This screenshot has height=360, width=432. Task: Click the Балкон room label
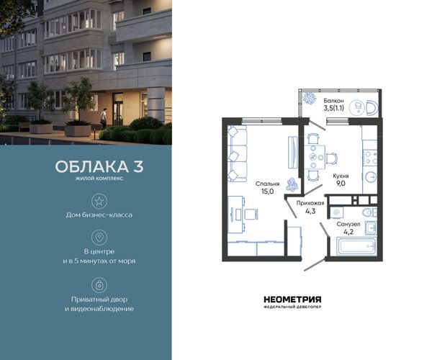(x=333, y=101)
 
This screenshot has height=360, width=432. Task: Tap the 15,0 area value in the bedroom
(x=268, y=192)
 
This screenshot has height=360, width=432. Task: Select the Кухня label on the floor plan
(x=341, y=176)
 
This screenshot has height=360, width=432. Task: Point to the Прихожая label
(x=310, y=203)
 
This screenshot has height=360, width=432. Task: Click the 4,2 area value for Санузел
(x=348, y=232)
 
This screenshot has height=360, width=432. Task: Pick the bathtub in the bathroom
(x=357, y=246)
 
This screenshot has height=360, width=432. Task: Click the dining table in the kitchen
(x=315, y=157)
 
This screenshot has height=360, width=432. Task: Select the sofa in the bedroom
(x=237, y=153)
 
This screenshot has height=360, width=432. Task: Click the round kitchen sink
(x=371, y=177)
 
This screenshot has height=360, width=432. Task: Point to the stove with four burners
(x=370, y=157)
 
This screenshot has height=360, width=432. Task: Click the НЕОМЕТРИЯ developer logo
(x=292, y=300)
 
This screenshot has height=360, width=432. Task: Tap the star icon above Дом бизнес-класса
(x=99, y=201)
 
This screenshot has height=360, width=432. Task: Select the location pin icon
(x=99, y=237)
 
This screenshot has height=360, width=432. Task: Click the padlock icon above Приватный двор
(x=99, y=285)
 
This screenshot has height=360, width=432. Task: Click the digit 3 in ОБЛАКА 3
(x=138, y=166)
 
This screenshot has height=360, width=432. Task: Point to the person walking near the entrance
(x=104, y=118)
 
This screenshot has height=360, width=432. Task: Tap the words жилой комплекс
(x=99, y=179)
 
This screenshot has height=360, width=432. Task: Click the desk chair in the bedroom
(x=251, y=214)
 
